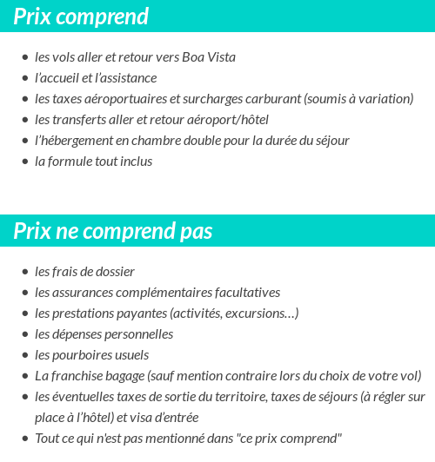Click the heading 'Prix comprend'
point(81,16)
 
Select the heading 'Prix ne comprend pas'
point(113,232)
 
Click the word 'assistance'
point(129,78)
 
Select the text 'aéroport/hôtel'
point(229,120)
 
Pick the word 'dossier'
point(114,272)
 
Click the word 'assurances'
point(81,293)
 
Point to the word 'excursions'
point(258,313)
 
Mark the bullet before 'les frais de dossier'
point(24,272)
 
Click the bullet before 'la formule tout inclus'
point(24,162)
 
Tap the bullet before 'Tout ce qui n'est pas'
point(24,439)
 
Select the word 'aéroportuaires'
point(121,99)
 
